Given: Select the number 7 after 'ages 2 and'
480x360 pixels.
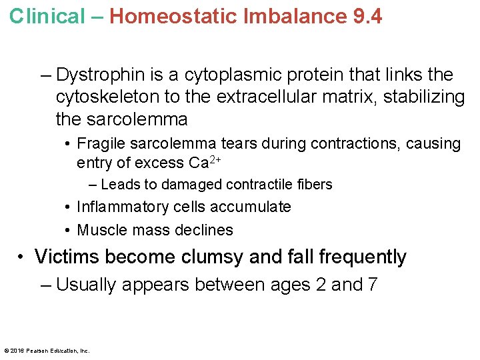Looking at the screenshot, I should click(x=373, y=285).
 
